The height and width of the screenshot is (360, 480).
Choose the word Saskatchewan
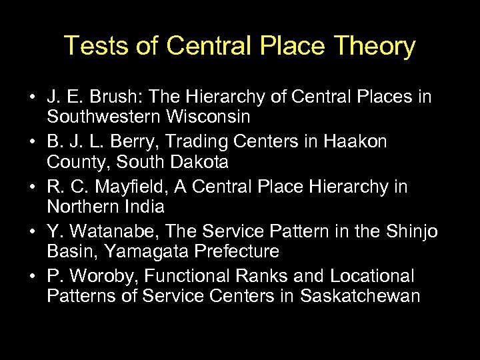[361, 296]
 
